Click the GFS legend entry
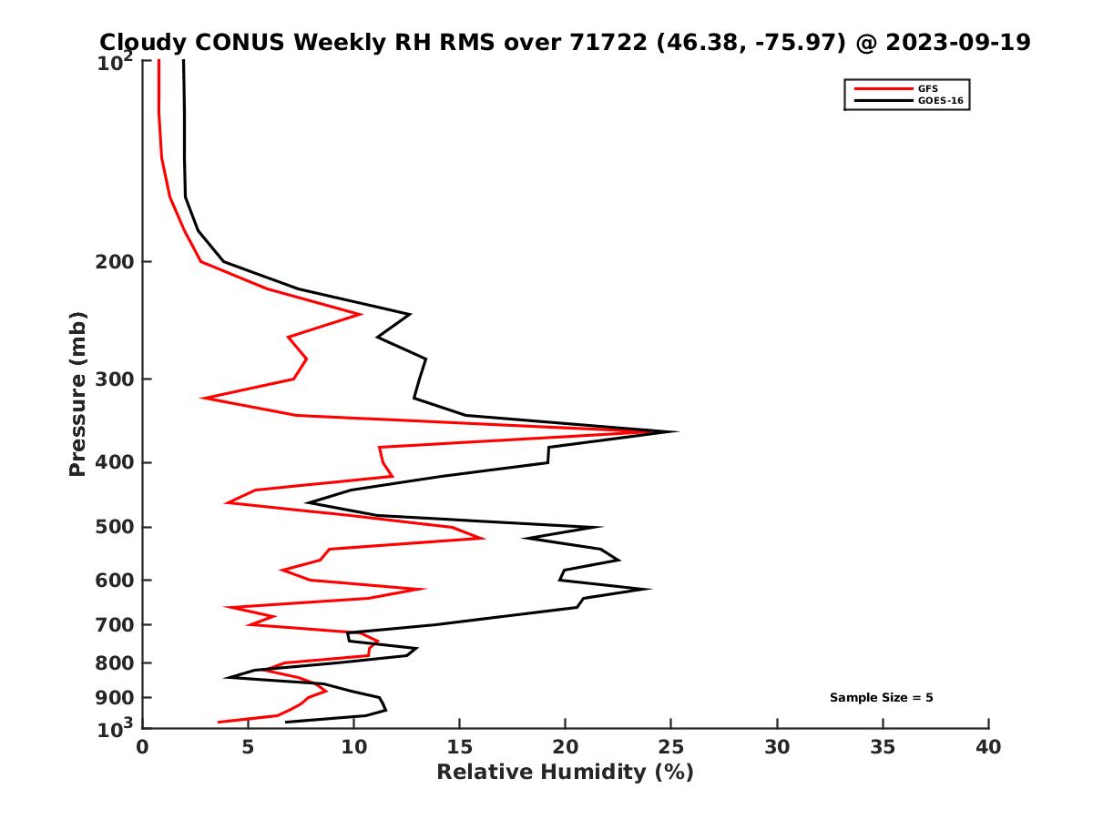point(928,88)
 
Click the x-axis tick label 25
point(671,748)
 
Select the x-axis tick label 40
point(988,748)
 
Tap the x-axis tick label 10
point(353,748)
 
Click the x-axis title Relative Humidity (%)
point(565,773)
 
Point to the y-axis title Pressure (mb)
point(77,393)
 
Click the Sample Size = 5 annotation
point(881,698)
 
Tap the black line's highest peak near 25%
point(677,431)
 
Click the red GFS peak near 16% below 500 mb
point(484,539)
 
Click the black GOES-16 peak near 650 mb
point(649,589)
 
